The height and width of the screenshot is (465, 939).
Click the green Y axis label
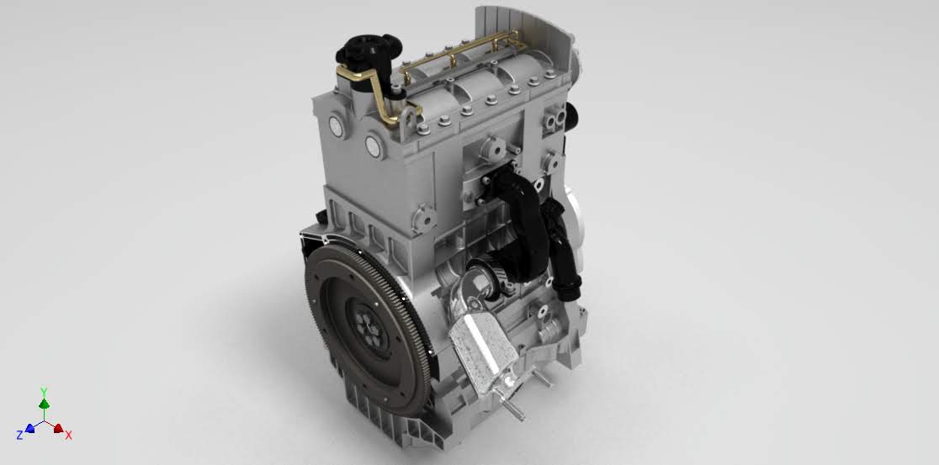coord(44,392)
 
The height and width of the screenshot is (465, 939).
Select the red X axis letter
coord(69,435)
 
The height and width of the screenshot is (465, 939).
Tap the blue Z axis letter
coord(19,435)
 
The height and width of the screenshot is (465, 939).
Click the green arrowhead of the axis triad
coord(44,404)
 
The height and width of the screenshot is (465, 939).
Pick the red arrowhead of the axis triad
coord(58,429)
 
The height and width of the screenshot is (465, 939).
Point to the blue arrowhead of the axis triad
coord(29,428)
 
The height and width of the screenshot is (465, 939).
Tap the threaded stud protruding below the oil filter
coord(515,411)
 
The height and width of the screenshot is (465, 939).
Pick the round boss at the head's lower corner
coord(424,219)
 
